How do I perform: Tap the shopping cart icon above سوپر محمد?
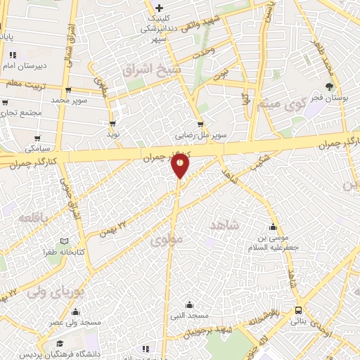pyautogui.click(x=68, y=90)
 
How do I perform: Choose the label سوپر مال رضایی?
pyautogui.click(x=200, y=137)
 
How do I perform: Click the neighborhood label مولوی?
pyautogui.click(x=166, y=240)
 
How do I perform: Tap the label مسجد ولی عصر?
pyautogui.click(x=76, y=323)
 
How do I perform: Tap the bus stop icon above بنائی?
pyautogui.click(x=299, y=310)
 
